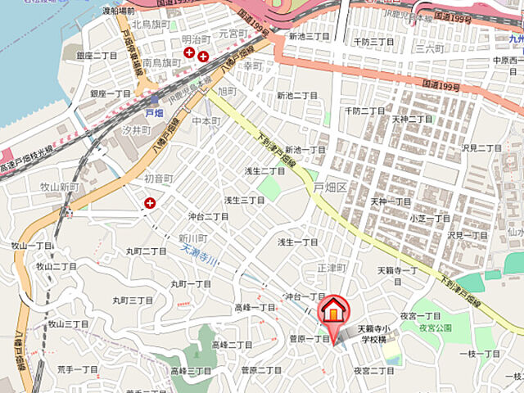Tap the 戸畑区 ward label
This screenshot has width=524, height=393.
331,187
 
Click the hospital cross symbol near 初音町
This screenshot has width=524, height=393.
150,202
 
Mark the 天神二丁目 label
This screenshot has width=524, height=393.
412,120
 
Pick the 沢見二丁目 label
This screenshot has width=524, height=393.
481,147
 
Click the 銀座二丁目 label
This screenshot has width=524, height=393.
97,55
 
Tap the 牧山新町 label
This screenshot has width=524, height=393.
58,187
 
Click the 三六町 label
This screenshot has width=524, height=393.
427,49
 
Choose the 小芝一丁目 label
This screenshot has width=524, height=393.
430,218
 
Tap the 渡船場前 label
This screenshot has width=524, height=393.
118,11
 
